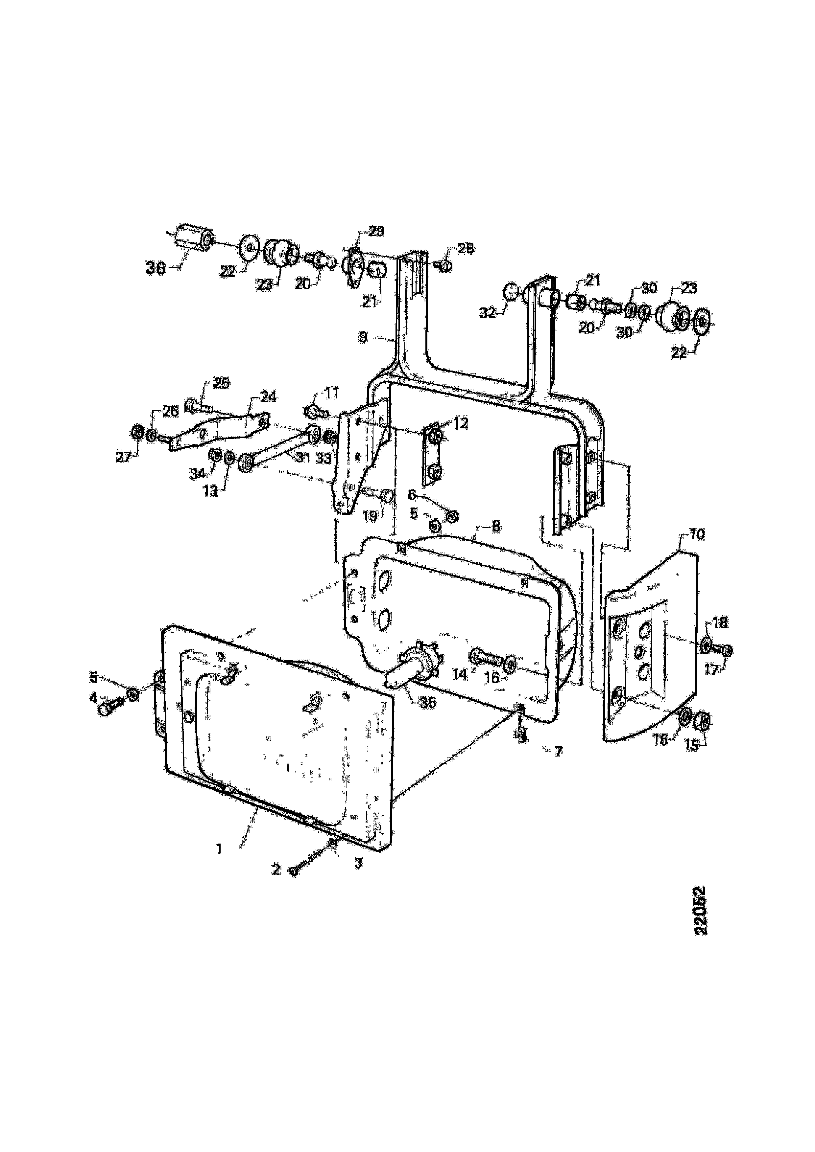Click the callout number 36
(155, 268)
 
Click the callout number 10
(697, 534)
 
